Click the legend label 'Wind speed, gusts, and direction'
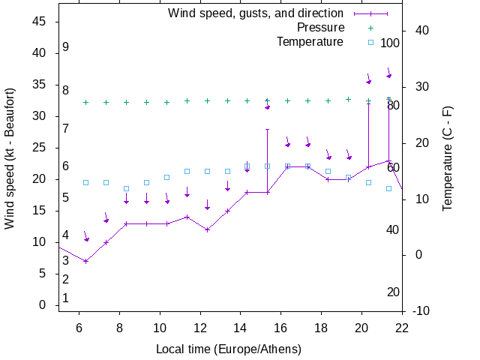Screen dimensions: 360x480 pos(256,13)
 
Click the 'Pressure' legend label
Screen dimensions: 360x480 pos(320,28)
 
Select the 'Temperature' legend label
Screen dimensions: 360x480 pos(310,42)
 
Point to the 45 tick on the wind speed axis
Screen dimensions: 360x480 pos(40,22)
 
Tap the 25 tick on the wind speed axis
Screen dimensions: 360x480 pos(40,148)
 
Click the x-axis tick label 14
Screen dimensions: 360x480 pos(241,328)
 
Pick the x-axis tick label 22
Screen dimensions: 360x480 pos(402,328)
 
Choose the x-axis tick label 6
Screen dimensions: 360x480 pos(79,328)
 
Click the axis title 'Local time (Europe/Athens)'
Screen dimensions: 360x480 pos(229,349)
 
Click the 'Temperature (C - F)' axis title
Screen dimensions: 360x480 pos(448,158)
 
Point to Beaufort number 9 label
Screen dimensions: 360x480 pos(66,46)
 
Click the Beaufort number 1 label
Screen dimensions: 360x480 pos(66,298)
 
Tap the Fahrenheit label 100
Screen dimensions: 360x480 pos(390,43)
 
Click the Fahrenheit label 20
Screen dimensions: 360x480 pos(392,292)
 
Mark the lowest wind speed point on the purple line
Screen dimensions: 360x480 pos(86,261)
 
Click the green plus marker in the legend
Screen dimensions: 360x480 pos(370,28)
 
